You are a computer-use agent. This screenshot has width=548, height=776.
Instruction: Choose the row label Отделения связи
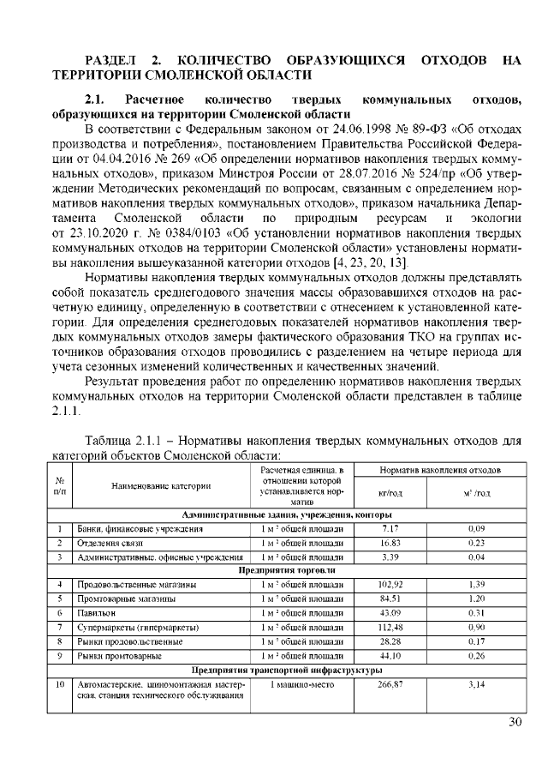click(x=108, y=543)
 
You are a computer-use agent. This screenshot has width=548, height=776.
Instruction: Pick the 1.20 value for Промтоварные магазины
click(x=476, y=599)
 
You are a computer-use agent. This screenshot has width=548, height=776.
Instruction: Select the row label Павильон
click(x=93, y=613)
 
